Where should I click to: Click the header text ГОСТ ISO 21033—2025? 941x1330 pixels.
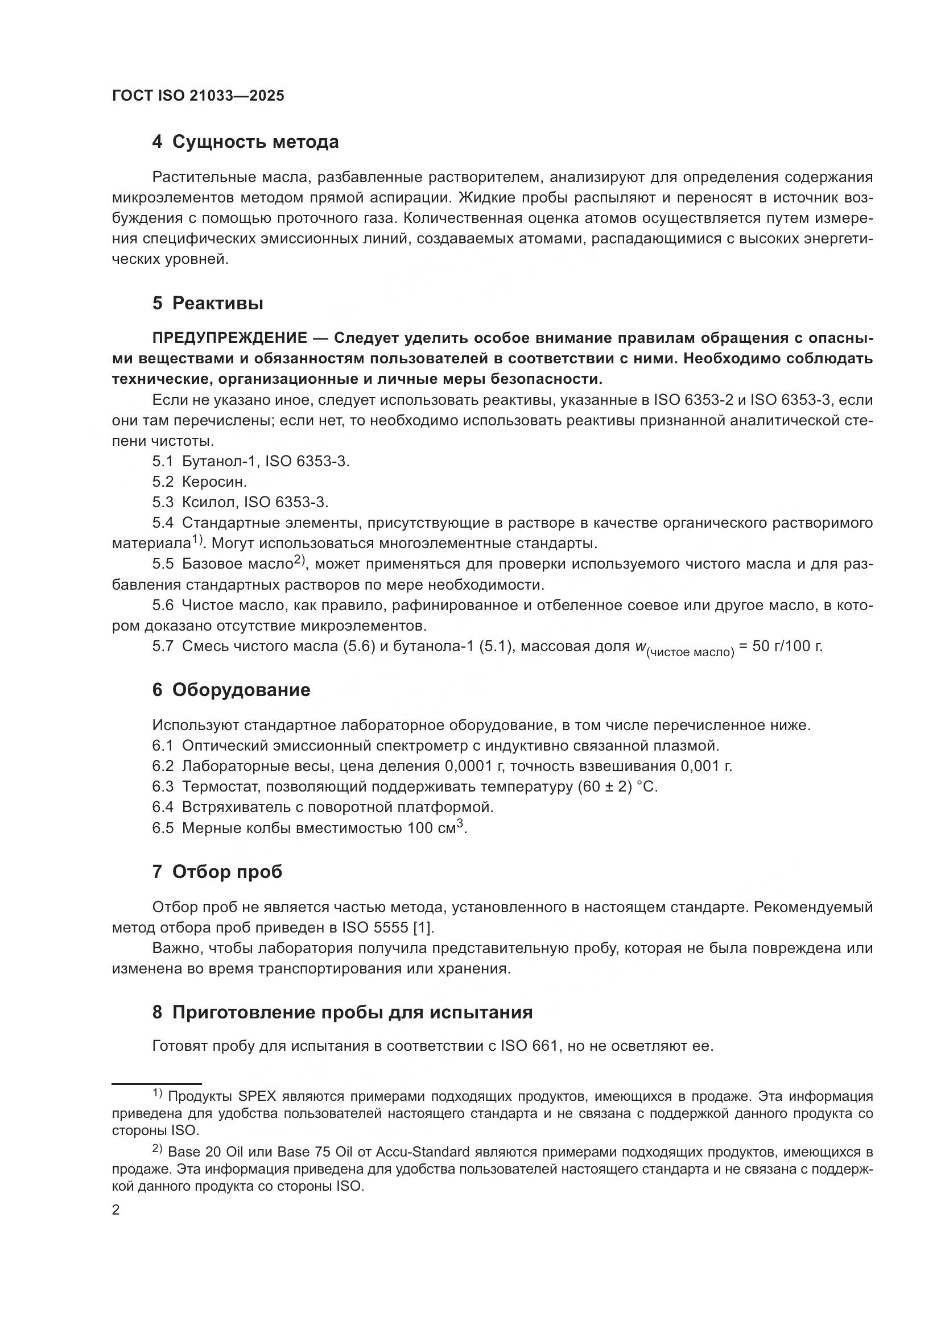pyautogui.click(x=198, y=96)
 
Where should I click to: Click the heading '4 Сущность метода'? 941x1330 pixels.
pyautogui.click(x=245, y=142)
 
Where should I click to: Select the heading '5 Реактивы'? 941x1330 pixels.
pyautogui.click(x=208, y=303)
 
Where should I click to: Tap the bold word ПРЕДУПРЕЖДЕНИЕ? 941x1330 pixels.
pyautogui.click(x=229, y=338)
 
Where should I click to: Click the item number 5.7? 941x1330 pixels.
pyautogui.click(x=163, y=647)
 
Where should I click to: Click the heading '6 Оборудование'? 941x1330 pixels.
pyautogui.click(x=231, y=690)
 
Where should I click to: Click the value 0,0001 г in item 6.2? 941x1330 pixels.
pyautogui.click(x=474, y=766)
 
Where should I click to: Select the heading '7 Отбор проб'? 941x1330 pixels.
pyautogui.click(x=217, y=872)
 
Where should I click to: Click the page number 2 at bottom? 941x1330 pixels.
pyautogui.click(x=116, y=1210)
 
